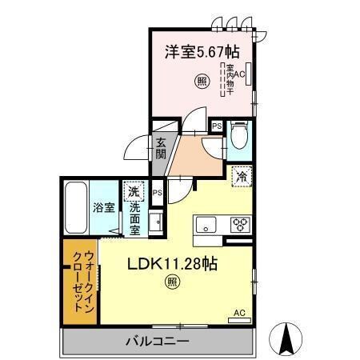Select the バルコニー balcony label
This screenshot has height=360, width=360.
[157, 342]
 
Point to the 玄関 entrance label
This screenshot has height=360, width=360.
[161, 150]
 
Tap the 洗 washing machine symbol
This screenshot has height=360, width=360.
[134, 192]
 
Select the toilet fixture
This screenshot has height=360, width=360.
[238, 138]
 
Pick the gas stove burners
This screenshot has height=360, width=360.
[238, 224]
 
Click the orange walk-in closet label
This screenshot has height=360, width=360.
[78, 279]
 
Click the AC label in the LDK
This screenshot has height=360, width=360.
[238, 313]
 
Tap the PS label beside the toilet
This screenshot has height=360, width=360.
[216, 126]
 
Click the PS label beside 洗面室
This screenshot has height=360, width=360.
[158, 193]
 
